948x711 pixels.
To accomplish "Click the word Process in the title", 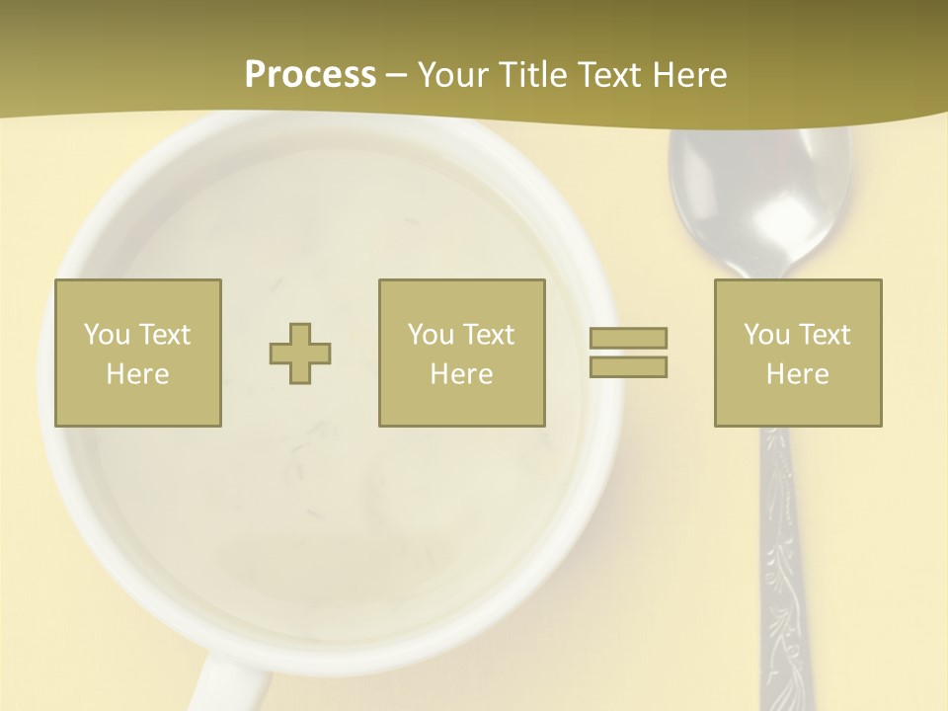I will pyautogui.click(x=310, y=75).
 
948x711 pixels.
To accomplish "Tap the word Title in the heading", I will pyautogui.click(x=533, y=75).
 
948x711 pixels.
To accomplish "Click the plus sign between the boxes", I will pyautogui.click(x=300, y=353).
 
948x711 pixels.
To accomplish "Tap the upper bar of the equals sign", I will pyautogui.click(x=628, y=338).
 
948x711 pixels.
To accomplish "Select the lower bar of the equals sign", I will pyautogui.click(x=628, y=366).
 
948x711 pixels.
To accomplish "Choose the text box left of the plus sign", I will pyautogui.click(x=137, y=353).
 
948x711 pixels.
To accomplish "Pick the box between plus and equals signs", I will pyautogui.click(x=461, y=353).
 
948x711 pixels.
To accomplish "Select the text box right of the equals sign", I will pyautogui.click(x=797, y=353).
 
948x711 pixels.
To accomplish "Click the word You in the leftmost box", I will pyautogui.click(x=106, y=335).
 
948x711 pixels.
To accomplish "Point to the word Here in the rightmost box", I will pyautogui.click(x=797, y=374).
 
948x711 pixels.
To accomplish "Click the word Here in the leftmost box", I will pyautogui.click(x=137, y=374).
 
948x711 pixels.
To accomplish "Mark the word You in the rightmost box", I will pyautogui.click(x=766, y=335).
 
